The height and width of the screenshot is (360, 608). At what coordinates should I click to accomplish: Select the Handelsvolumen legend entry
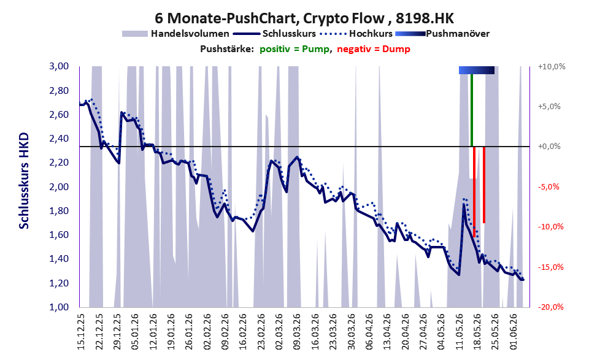pos(175,34)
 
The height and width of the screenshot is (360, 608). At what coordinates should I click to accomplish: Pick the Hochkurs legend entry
pos(356,34)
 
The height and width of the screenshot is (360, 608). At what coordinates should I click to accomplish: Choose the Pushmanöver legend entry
pos(442,34)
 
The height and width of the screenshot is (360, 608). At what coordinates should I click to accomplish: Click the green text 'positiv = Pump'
pos(295,49)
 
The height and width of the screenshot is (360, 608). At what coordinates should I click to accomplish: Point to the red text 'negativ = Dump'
pos(374,49)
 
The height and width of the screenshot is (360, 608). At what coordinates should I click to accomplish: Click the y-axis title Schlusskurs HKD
pos(24,182)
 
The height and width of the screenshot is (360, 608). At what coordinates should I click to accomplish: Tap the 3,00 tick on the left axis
pos(59,66)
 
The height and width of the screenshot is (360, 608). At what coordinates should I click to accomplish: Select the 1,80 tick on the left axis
pos(59,211)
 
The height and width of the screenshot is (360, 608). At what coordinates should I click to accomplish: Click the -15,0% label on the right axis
pos(550,267)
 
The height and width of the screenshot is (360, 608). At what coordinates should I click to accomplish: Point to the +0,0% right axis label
pos(549,147)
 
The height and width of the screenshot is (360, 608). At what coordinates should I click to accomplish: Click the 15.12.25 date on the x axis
pos(81,332)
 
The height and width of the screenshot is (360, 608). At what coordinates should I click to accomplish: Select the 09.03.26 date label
pos(298,332)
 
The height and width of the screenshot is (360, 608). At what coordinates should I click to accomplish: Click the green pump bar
pos(472,110)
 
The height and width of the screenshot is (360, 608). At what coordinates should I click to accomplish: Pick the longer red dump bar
pos(474,192)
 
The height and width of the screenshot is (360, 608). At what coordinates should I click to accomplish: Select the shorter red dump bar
pos(484,185)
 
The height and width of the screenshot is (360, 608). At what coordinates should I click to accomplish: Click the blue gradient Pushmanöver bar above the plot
pos(477,70)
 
